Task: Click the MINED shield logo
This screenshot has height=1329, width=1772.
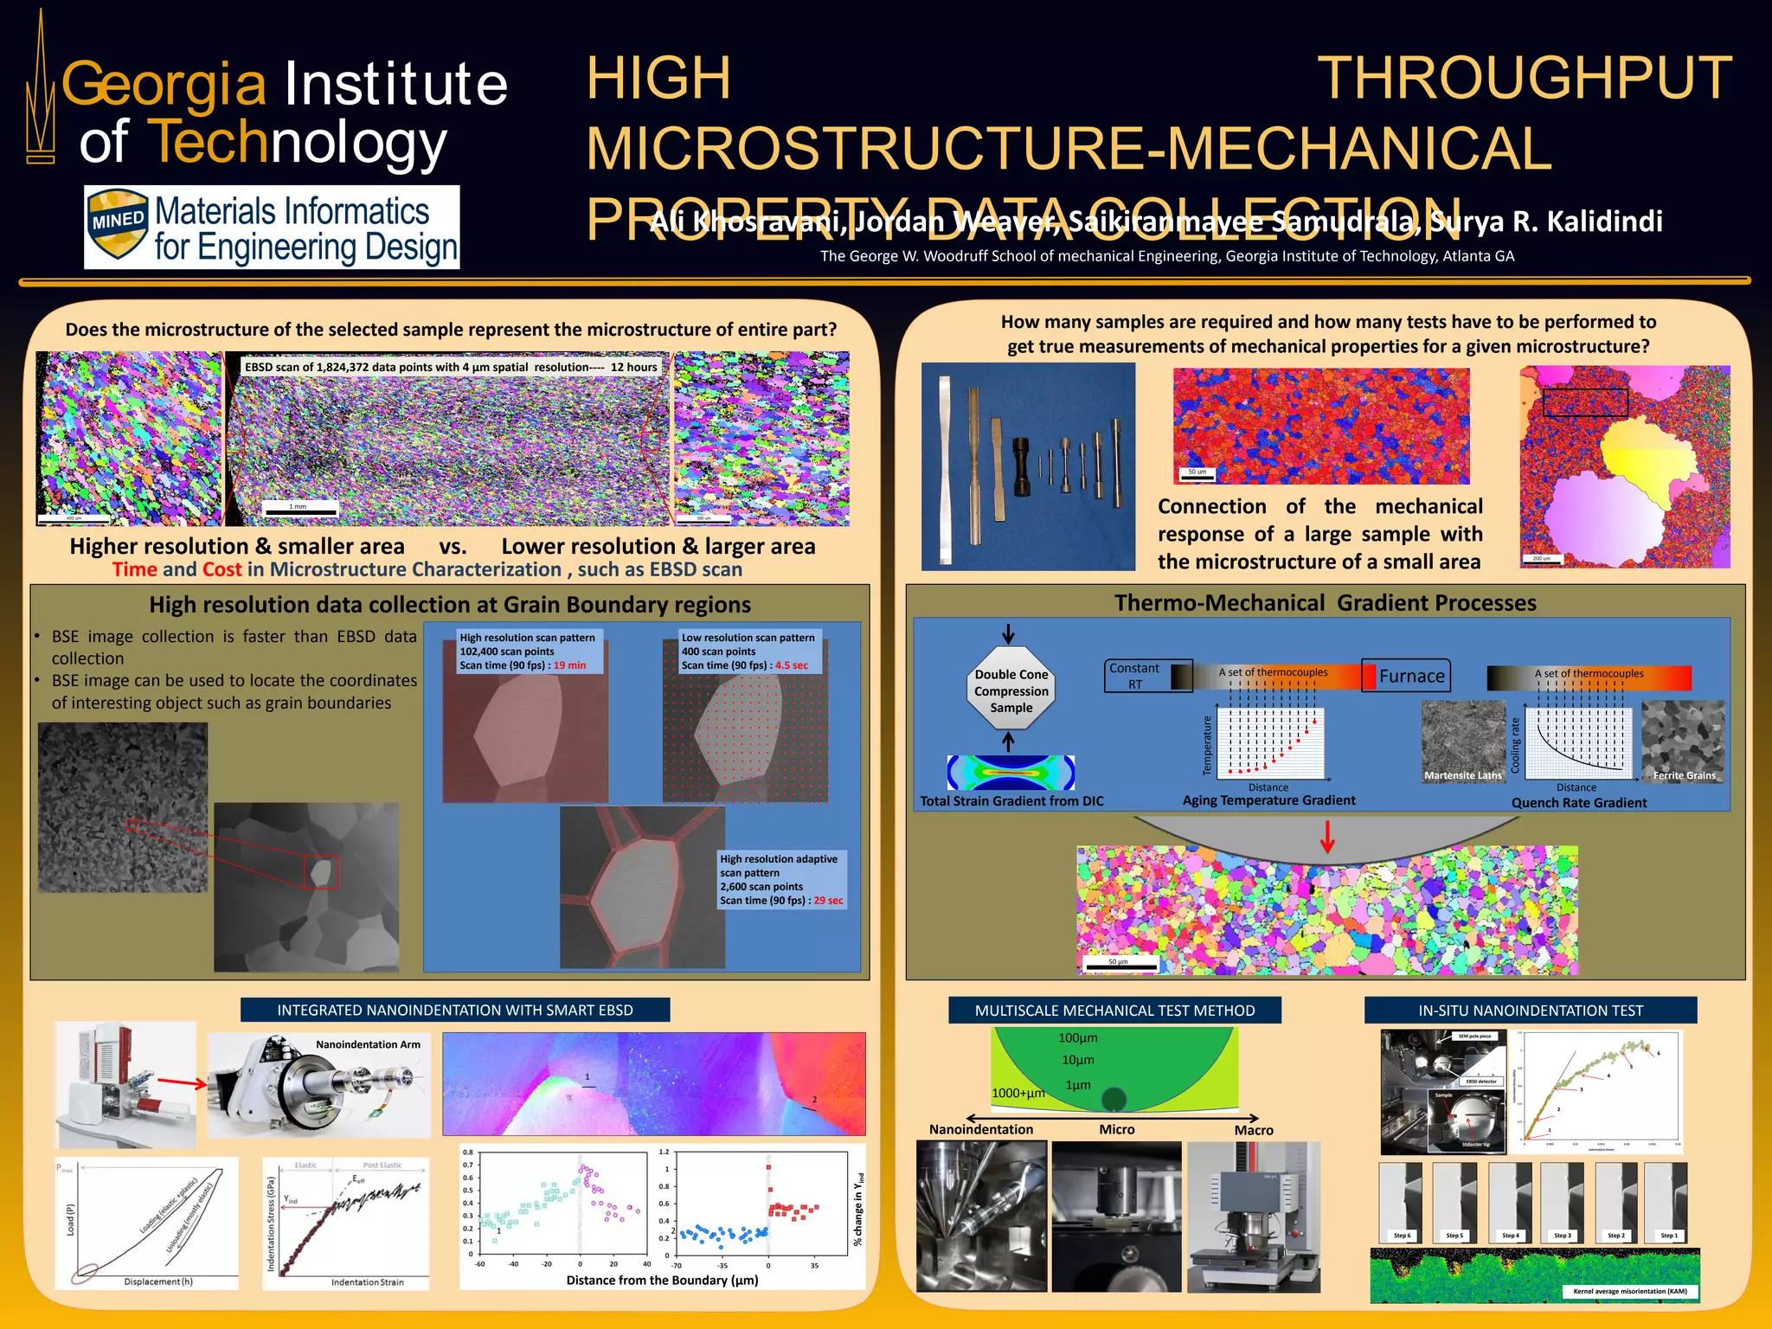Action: (118, 224)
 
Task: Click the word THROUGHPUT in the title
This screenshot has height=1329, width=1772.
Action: (1524, 79)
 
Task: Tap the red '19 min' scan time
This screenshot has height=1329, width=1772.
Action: (569, 665)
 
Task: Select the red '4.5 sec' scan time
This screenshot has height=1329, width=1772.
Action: (791, 665)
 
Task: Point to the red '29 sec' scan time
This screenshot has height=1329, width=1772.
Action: (828, 901)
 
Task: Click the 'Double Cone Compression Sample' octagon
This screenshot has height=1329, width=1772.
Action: (1011, 690)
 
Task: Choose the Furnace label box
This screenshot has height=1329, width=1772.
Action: (1410, 676)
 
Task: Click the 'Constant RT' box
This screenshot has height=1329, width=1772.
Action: (1134, 676)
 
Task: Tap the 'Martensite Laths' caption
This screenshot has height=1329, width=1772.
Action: (1462, 775)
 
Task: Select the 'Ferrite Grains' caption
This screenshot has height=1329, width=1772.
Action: (1684, 775)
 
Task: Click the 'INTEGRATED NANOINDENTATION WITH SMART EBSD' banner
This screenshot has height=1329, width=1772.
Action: (455, 1010)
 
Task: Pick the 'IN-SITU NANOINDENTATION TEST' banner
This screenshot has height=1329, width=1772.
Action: (1530, 1010)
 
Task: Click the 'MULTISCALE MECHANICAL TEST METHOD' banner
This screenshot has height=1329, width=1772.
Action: (1114, 1010)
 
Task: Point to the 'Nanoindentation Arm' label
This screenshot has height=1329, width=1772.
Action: (368, 1044)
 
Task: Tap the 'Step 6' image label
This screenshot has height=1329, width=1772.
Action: (1401, 1236)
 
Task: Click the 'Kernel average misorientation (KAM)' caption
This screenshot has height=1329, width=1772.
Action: (1630, 1292)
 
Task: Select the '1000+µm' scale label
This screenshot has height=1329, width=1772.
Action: (1018, 1093)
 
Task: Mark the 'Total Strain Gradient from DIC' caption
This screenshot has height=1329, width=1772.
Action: (1011, 801)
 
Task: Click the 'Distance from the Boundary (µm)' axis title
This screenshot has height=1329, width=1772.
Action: (662, 1281)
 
